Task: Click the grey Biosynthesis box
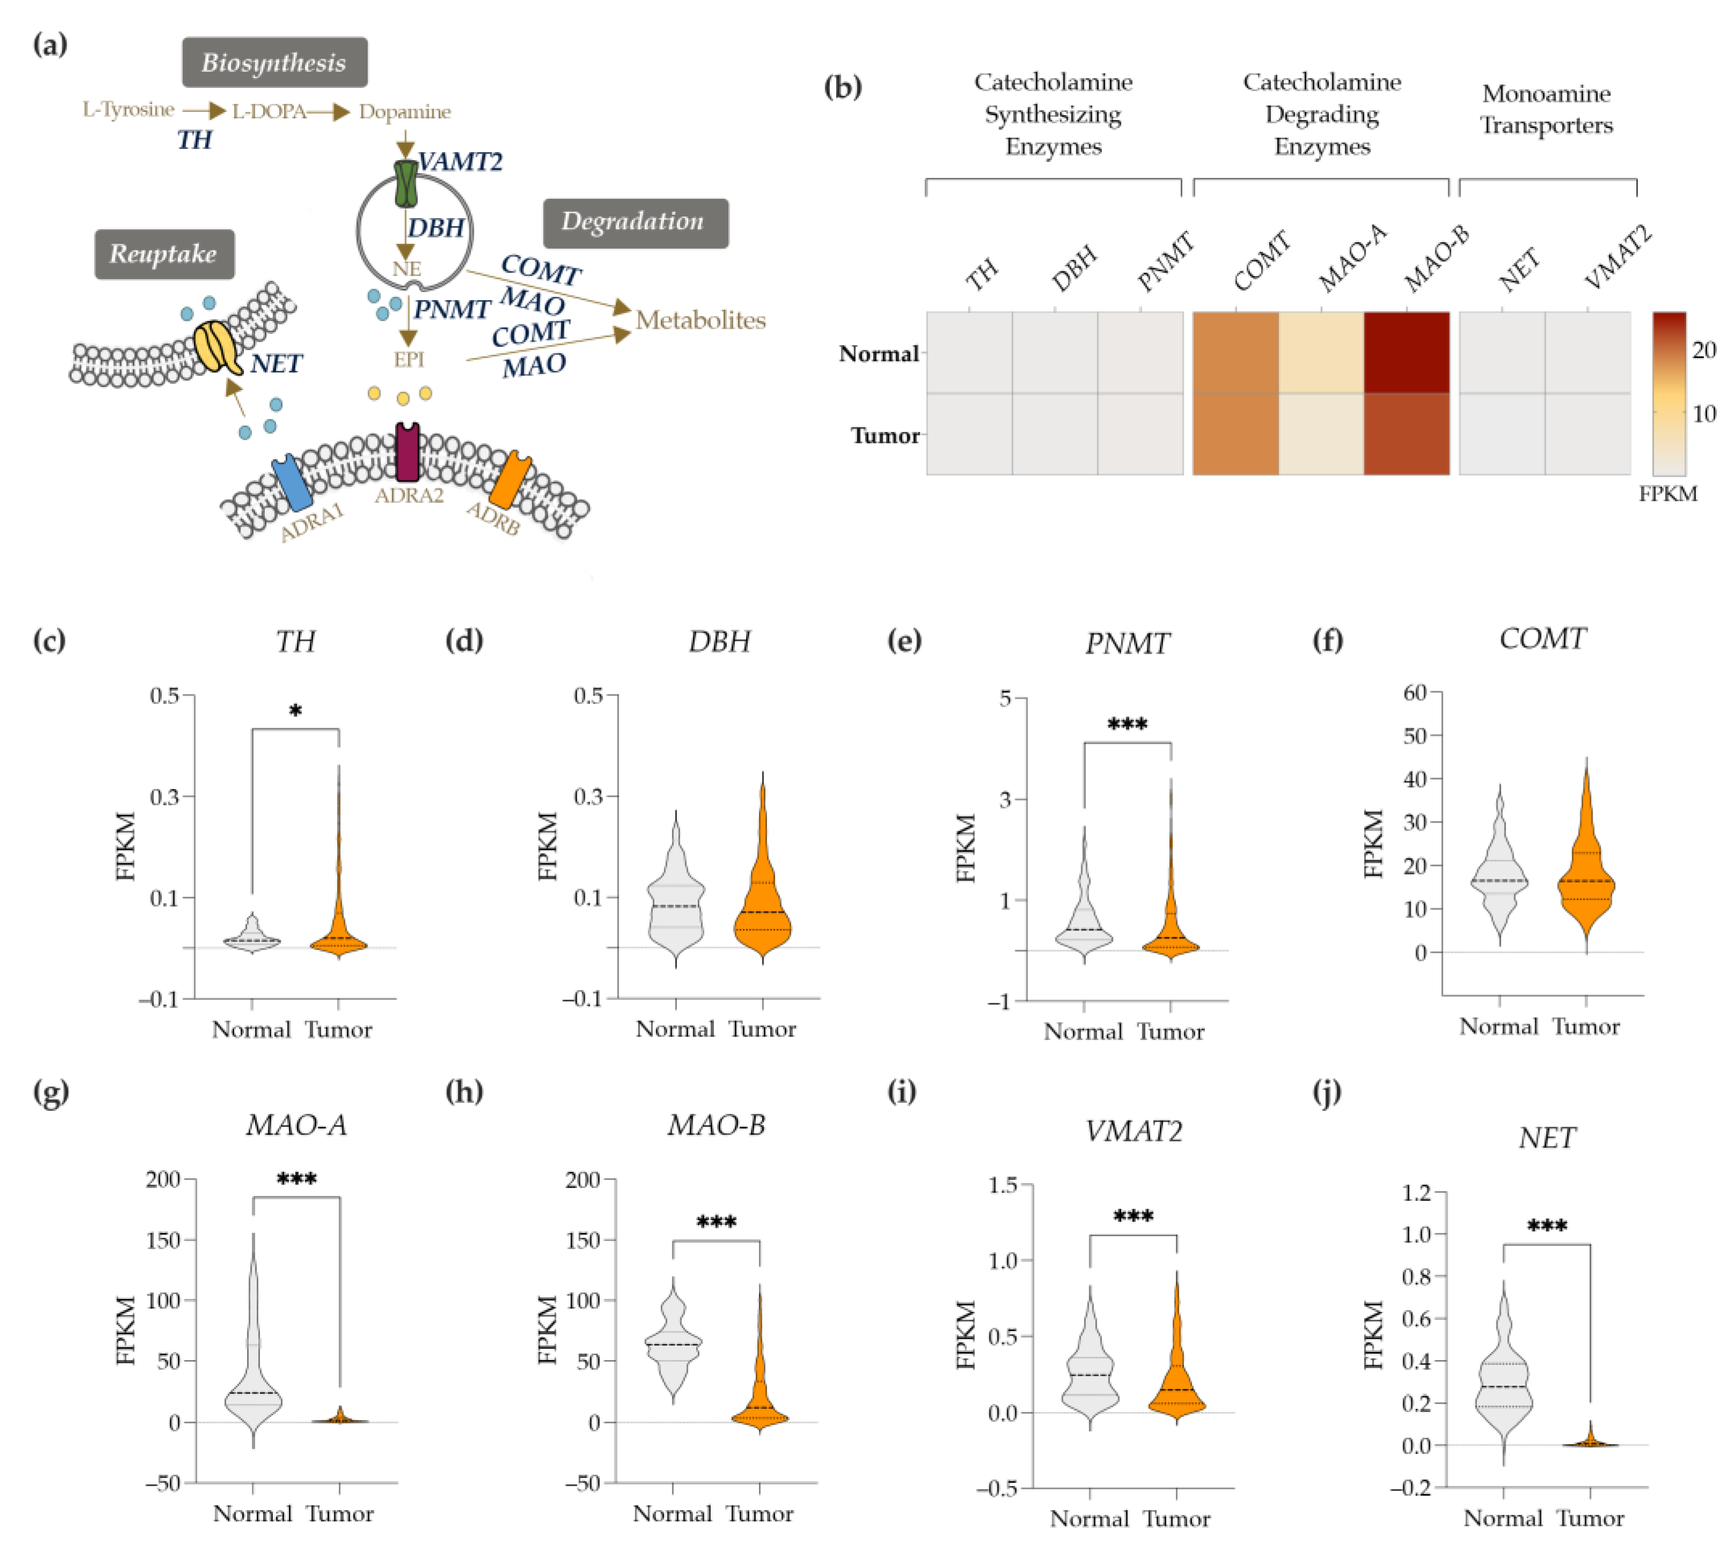click(274, 62)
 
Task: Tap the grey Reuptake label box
click(164, 253)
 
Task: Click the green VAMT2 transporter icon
click(406, 184)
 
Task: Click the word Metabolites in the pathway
click(701, 320)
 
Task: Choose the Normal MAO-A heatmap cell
click(1321, 353)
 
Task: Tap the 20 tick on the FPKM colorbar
click(1703, 350)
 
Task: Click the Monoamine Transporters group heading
click(1546, 109)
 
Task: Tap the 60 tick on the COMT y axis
click(1416, 692)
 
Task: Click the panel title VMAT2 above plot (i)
click(1134, 1131)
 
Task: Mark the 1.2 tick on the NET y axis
click(1418, 1192)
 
